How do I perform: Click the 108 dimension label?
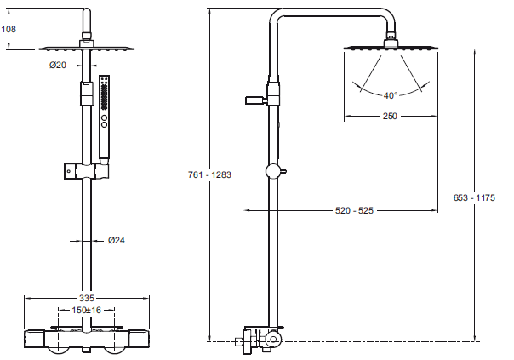tap(9, 29)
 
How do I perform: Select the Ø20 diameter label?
tap(58, 66)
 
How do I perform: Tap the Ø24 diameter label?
tap(117, 240)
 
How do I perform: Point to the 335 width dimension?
tap(87, 298)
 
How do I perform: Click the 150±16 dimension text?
tap(87, 310)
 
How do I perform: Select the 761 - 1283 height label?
tap(209, 174)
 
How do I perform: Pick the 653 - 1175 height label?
tap(474, 197)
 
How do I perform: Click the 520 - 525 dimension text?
tap(354, 210)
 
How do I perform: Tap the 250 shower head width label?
tap(390, 116)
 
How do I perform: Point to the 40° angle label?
tap(390, 95)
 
